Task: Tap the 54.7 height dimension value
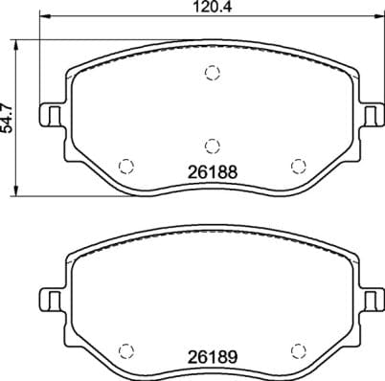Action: [x=10, y=119]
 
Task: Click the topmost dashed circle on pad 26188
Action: [x=212, y=73]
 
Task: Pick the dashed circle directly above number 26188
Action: [x=212, y=146]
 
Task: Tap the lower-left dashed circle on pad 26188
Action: [x=124, y=164]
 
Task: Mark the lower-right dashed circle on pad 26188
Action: [x=297, y=164]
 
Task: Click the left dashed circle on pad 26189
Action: [x=124, y=348]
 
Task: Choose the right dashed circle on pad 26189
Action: [x=297, y=348]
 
